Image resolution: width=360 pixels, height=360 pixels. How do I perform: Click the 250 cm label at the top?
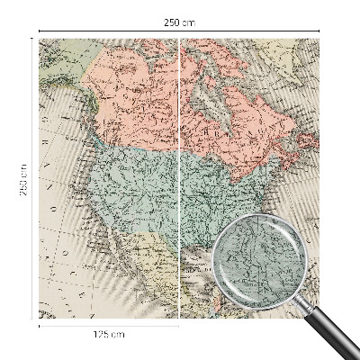coord(180,22)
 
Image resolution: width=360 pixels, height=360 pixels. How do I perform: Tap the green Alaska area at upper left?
coord(63,63)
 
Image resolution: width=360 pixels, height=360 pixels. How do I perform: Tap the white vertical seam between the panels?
coord(181,180)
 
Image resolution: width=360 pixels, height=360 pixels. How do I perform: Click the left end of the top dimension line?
coord(39,31)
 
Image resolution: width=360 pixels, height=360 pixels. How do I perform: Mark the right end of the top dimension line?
coord(321,31)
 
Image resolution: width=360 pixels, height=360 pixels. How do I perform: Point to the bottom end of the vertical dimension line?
coord(33,319)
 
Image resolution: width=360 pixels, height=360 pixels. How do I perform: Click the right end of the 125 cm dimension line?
coord(180,325)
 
